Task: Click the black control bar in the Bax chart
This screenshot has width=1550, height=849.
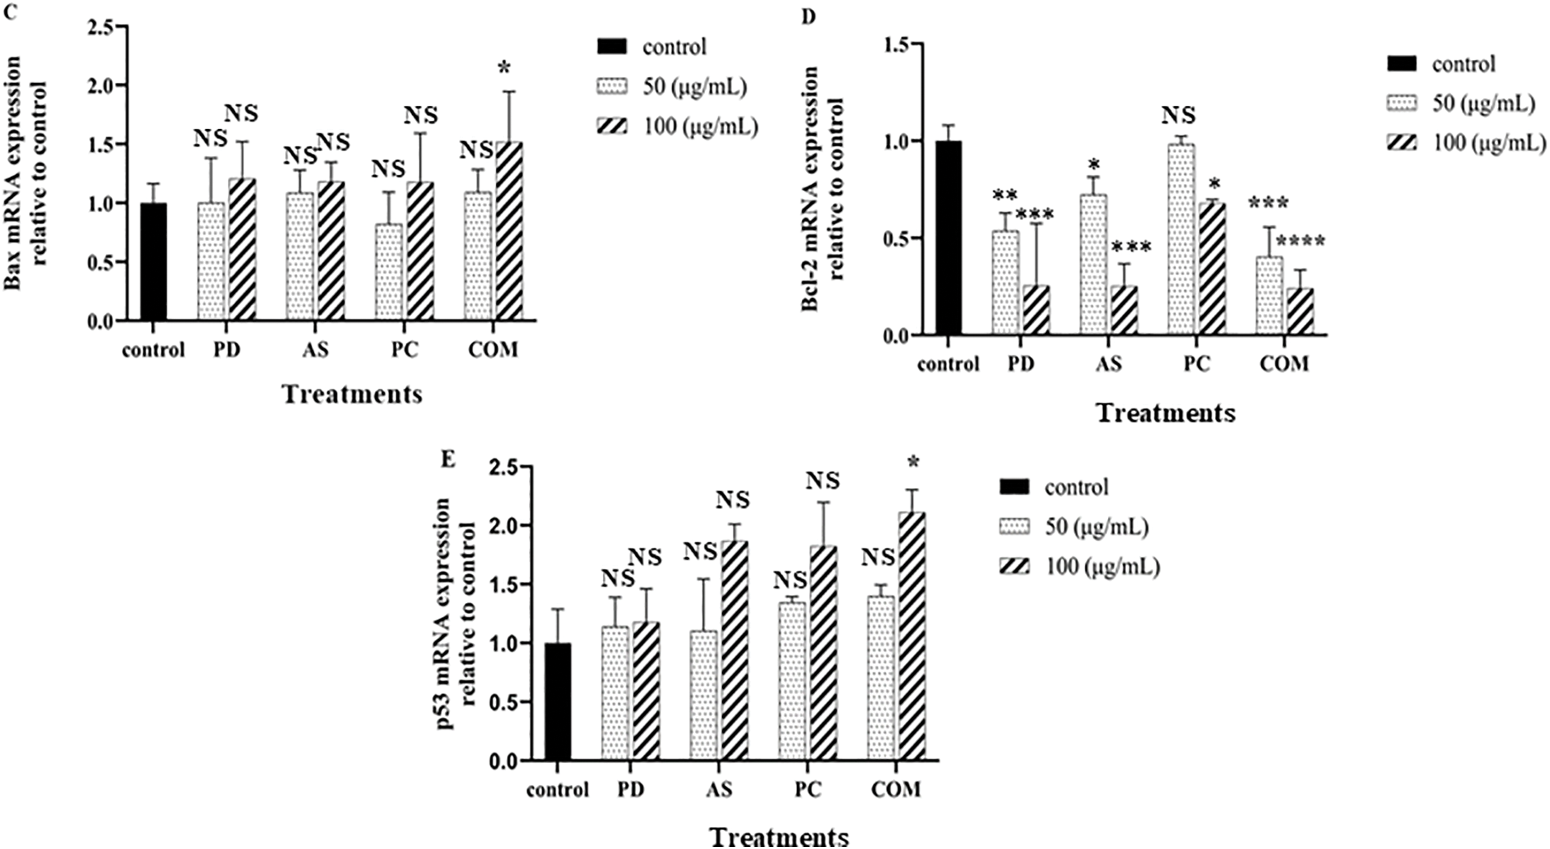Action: (x=154, y=262)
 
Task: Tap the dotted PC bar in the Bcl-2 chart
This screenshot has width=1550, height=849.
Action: (x=1181, y=240)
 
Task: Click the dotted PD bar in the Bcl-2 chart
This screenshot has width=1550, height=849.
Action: (x=1006, y=283)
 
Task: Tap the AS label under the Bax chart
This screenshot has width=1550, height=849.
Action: (x=315, y=350)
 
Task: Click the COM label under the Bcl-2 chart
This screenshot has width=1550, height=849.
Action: (x=1283, y=364)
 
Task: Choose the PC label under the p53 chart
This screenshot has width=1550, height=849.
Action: (x=807, y=789)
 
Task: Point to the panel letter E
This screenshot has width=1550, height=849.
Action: (x=447, y=460)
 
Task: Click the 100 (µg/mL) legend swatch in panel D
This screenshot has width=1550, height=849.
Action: (x=1402, y=143)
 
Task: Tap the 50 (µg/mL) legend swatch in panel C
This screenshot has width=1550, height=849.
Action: (x=611, y=87)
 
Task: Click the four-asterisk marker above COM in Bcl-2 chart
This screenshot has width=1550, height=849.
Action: (x=1300, y=243)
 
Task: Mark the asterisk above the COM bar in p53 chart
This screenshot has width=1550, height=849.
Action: (x=913, y=463)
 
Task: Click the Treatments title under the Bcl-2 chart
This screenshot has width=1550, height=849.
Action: (x=1165, y=413)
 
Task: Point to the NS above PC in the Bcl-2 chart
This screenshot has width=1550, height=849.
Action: (x=1179, y=115)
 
